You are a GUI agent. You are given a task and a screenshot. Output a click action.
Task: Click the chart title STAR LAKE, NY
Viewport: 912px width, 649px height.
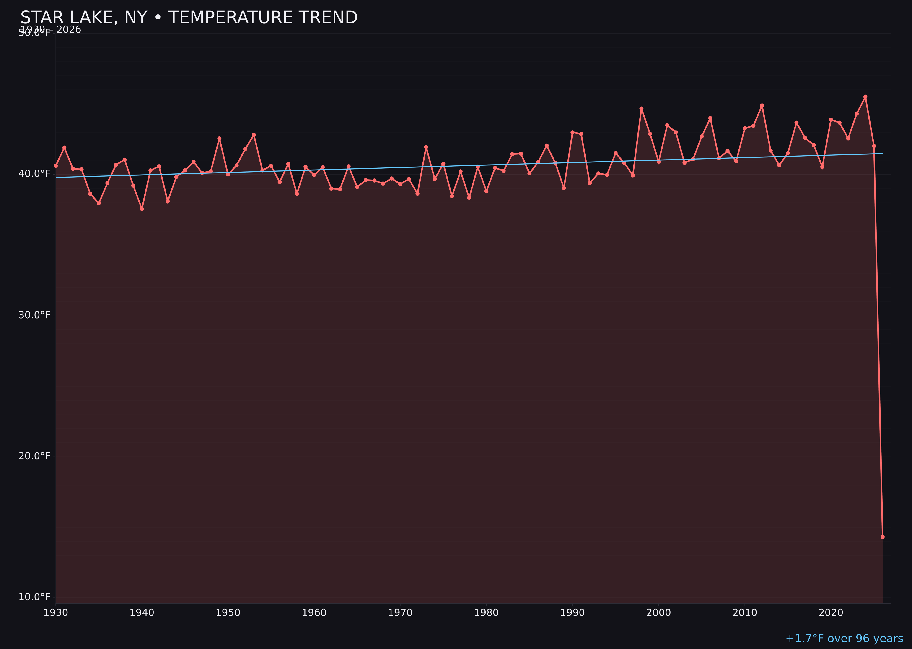click(189, 18)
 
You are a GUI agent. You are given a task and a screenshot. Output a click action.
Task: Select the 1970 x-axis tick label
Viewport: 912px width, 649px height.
click(400, 613)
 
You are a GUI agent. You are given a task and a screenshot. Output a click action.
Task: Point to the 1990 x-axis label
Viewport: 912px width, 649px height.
click(572, 613)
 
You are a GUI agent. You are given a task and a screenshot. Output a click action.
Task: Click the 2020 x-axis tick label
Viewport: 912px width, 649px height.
click(831, 613)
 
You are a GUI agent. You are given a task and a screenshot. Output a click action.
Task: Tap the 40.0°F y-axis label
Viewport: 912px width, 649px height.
click(34, 174)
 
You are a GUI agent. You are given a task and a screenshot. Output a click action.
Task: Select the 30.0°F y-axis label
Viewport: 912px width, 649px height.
click(34, 315)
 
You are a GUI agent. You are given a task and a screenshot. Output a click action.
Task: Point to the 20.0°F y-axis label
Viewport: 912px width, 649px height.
click(34, 456)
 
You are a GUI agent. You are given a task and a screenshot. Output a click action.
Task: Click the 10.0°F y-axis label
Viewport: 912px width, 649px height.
click(34, 597)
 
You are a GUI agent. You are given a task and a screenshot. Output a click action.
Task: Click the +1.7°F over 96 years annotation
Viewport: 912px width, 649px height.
click(844, 639)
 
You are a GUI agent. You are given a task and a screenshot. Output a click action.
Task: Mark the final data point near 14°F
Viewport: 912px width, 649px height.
click(882, 537)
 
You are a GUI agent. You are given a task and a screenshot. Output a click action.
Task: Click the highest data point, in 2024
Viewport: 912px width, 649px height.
click(865, 97)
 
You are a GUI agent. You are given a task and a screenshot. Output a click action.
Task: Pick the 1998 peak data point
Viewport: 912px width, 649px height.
click(641, 108)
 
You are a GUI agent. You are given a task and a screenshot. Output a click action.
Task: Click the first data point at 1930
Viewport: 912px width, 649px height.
click(55, 165)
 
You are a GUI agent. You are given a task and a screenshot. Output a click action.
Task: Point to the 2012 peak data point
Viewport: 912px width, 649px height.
click(762, 105)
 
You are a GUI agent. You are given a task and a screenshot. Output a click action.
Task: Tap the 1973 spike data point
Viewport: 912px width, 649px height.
click(426, 147)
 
